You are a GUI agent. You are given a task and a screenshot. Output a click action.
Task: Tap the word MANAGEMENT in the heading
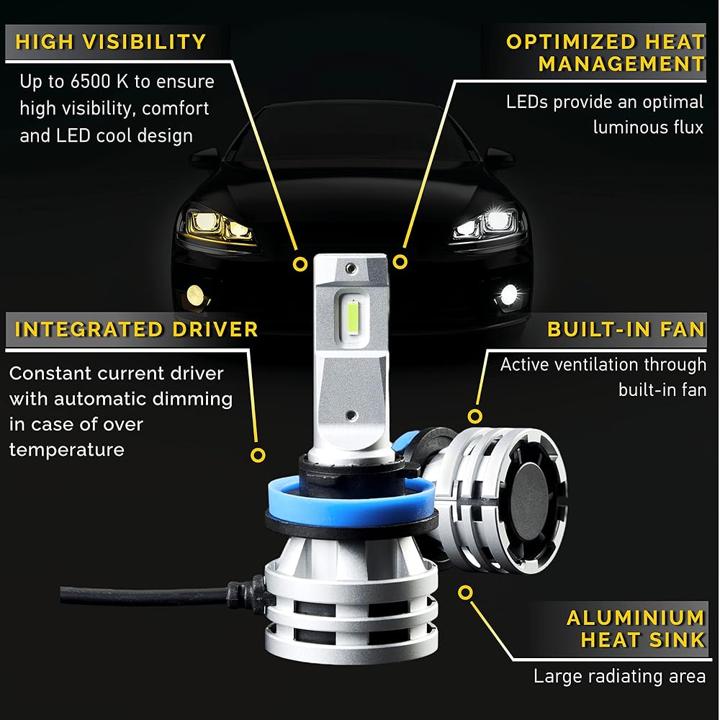[x=621, y=63]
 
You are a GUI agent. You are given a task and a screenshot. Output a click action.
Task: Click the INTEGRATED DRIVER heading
[x=136, y=330]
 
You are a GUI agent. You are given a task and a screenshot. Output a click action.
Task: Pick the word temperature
[x=66, y=450]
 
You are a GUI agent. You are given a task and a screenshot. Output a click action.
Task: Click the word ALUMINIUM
[x=636, y=618]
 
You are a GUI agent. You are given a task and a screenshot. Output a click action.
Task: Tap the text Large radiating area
[x=619, y=676]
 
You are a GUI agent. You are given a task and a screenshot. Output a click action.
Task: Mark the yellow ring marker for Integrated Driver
[x=258, y=455]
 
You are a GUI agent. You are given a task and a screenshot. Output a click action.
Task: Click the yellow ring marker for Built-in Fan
[x=474, y=416]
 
